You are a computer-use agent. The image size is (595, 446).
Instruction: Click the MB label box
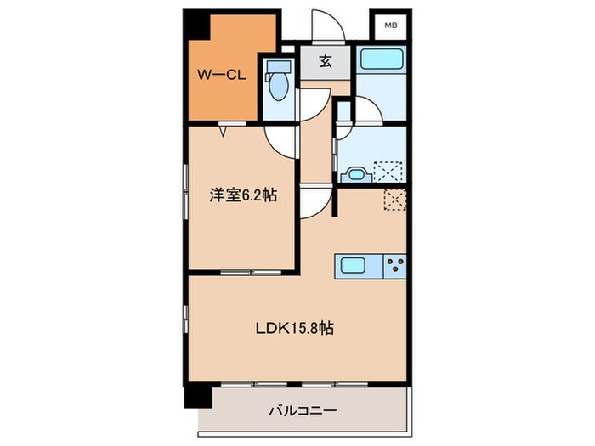coord(390,25)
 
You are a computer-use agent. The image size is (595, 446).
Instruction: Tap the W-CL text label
coord(222,75)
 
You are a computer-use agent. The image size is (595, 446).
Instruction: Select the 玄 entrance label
coord(326,61)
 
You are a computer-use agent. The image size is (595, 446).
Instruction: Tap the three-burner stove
coord(396,266)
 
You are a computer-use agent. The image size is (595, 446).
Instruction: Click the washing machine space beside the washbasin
coord(390,170)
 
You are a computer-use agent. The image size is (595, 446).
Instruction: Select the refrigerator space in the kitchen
coord(395,199)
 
